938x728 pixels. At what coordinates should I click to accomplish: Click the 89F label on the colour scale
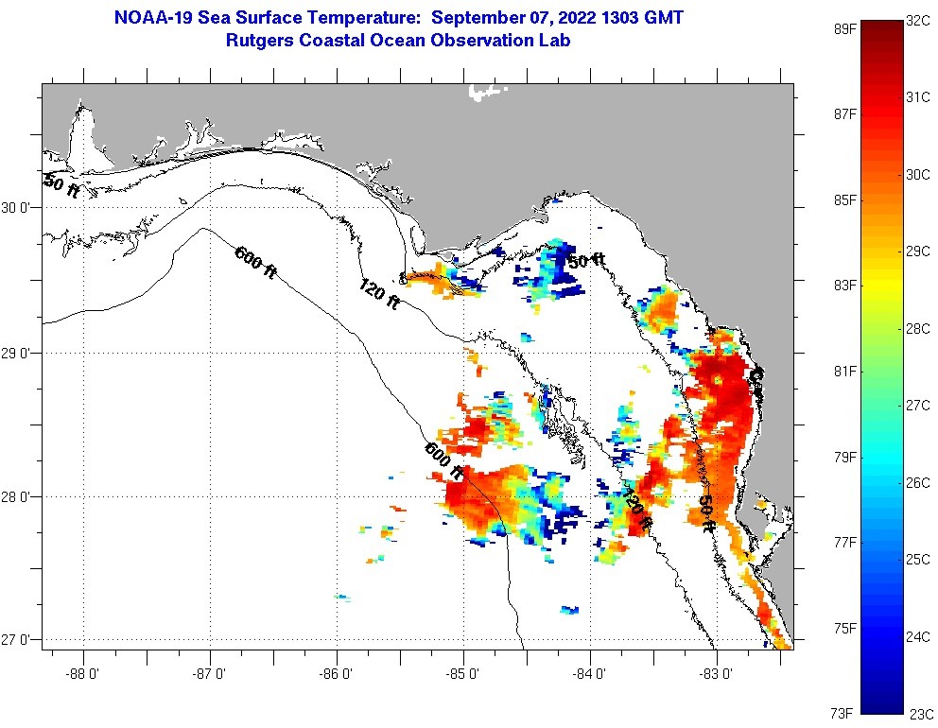[843, 28]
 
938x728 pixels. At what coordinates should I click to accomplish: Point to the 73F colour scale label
[843, 712]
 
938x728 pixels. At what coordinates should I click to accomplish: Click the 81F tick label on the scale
[843, 371]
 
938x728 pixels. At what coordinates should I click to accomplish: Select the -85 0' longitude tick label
[463, 674]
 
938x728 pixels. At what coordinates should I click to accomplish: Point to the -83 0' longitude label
[717, 674]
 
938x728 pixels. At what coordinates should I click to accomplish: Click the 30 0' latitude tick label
[18, 208]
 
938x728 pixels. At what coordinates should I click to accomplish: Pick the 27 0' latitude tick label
[18, 640]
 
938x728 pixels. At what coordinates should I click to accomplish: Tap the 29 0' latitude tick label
[18, 353]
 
